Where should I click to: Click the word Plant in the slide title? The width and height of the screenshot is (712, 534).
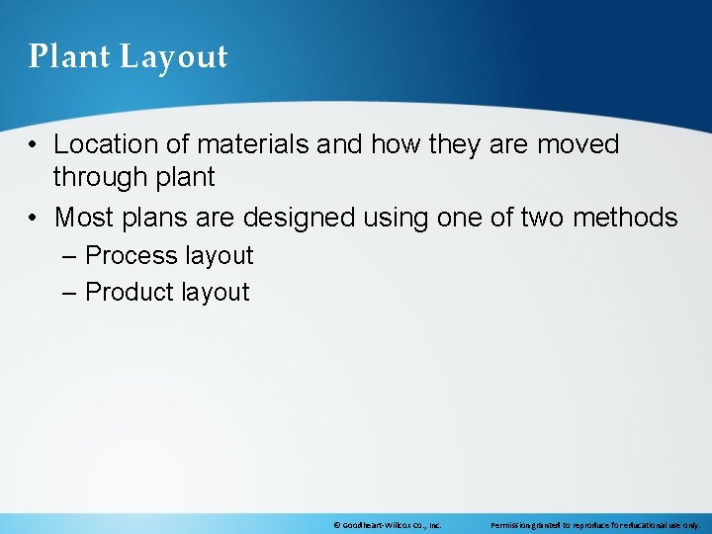coord(69,56)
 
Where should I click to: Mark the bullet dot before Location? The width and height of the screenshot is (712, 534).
coord(34,145)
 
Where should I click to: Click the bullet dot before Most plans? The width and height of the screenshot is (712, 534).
coord(34,218)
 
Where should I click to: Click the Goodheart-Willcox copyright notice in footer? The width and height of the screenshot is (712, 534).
coord(387,526)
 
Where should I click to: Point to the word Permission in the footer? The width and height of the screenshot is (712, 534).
coord(511,526)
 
